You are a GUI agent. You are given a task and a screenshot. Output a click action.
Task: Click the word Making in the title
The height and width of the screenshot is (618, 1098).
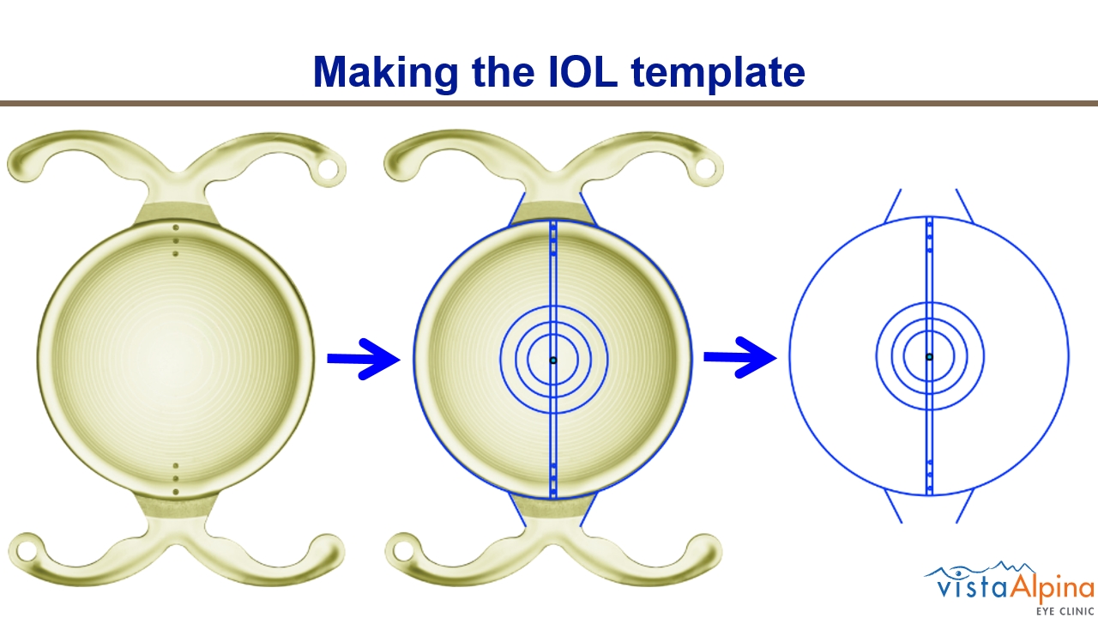click(x=385, y=73)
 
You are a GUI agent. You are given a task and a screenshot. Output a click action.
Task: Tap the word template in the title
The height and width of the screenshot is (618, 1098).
click(x=718, y=73)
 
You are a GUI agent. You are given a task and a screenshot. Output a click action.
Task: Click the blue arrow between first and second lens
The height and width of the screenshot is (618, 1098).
click(x=364, y=359)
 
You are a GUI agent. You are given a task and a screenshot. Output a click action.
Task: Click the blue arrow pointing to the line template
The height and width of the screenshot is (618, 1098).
click(x=740, y=357)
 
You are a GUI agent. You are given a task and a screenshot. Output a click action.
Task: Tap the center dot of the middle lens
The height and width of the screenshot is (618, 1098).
click(x=553, y=360)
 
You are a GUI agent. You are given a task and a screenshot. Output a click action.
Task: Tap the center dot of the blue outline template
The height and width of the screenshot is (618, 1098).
click(x=929, y=357)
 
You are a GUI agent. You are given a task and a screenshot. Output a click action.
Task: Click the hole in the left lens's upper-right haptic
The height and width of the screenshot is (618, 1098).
click(x=328, y=169)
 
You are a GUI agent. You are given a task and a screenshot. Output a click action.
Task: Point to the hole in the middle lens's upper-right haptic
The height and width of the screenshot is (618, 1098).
click(x=704, y=169)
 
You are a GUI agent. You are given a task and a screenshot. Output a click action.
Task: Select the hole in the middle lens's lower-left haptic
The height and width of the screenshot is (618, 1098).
click(x=403, y=551)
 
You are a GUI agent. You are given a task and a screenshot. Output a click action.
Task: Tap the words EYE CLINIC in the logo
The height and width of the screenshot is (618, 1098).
click(x=1065, y=611)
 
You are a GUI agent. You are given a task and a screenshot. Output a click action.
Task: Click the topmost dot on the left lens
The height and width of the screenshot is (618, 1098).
click(x=176, y=227)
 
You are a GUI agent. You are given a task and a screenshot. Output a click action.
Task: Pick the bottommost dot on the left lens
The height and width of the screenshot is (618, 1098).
click(x=176, y=492)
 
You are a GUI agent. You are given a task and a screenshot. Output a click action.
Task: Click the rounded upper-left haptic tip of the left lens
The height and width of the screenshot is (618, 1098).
click(x=23, y=166)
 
